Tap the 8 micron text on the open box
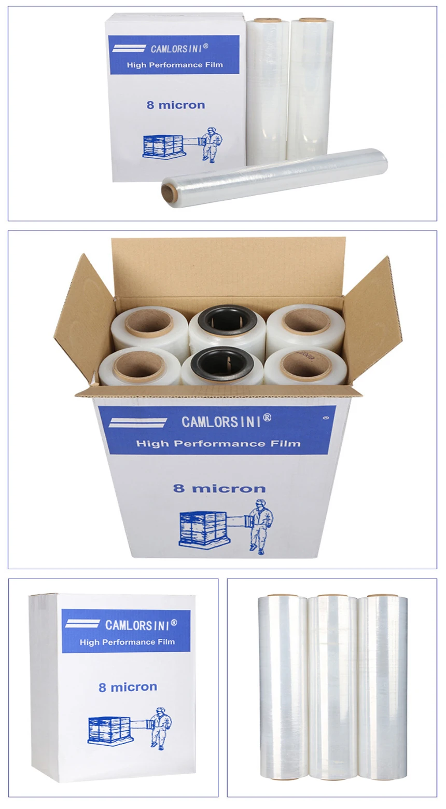point(219,488)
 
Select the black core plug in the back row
point(227,320)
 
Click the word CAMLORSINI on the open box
point(221,422)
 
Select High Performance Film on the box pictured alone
point(127,642)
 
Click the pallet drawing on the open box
point(203,529)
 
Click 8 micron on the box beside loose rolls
point(175,105)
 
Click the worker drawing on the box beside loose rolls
point(211,144)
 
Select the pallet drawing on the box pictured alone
point(108,730)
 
